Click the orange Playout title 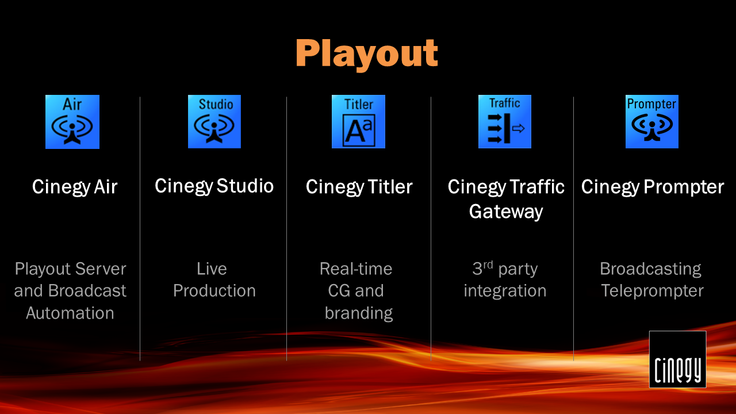click(x=367, y=54)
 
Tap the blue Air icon click(x=72, y=122)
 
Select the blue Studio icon click(x=214, y=121)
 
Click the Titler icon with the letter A click(x=358, y=121)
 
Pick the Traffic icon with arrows click(x=505, y=121)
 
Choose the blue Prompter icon click(x=652, y=121)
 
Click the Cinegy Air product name click(x=75, y=187)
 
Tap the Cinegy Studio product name click(x=214, y=187)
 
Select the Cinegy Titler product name click(x=359, y=187)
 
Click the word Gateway click(x=506, y=212)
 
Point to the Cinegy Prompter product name click(x=653, y=187)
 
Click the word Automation click(x=70, y=313)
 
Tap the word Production click(x=214, y=291)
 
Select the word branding click(x=359, y=313)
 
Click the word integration click(x=505, y=292)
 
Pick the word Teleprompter click(x=652, y=292)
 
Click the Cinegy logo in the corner click(x=677, y=359)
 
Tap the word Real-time click(x=356, y=269)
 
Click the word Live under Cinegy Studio click(x=212, y=269)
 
